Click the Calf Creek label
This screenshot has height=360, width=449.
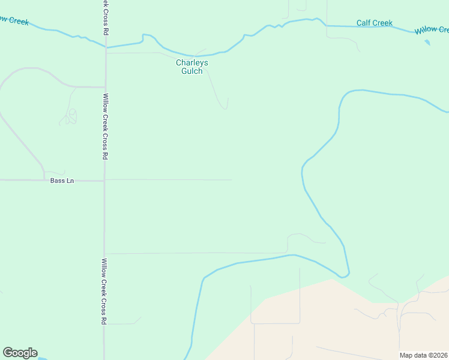(374, 23)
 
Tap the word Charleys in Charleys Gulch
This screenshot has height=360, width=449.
(192, 62)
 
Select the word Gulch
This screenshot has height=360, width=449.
(192, 71)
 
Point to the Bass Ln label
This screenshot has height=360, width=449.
(62, 181)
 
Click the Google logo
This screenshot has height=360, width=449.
(20, 353)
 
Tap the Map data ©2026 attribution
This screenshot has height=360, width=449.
(423, 355)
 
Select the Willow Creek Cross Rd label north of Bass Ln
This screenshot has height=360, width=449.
(105, 126)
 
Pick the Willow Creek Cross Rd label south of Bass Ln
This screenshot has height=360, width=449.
(104, 291)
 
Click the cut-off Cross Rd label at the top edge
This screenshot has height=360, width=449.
(105, 17)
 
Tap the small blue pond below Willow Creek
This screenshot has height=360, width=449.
(427, 43)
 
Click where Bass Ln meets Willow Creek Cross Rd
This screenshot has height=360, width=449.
(104, 180)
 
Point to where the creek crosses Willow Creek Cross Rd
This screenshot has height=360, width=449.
(106, 46)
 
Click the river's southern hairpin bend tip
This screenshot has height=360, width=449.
(343, 277)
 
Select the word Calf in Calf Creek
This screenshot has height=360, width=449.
(364, 23)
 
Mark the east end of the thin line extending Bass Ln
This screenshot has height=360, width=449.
(232, 180)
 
